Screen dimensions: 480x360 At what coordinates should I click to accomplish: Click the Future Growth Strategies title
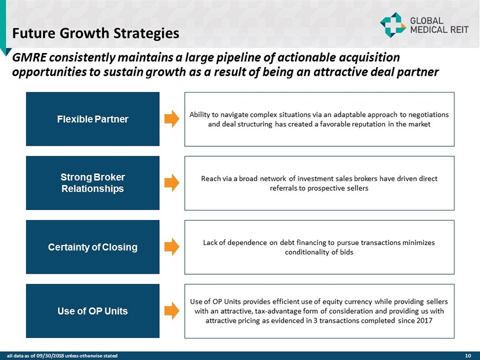coord(95,33)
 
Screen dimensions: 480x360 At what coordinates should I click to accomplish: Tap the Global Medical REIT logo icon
coord(393,25)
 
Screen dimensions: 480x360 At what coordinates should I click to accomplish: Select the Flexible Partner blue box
coord(93,119)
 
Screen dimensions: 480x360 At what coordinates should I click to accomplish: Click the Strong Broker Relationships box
coord(93,183)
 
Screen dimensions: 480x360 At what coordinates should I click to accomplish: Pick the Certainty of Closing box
coord(93,247)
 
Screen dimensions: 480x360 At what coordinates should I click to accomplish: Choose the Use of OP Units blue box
coord(93,311)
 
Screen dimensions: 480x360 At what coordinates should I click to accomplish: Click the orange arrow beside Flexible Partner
coord(172,118)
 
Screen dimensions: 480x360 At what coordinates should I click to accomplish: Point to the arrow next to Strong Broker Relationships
coord(172,183)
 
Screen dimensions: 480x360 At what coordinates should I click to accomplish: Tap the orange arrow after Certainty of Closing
coord(172,247)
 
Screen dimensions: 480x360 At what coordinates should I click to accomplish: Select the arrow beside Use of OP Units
coord(172,311)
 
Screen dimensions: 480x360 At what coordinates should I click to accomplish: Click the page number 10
coord(468,355)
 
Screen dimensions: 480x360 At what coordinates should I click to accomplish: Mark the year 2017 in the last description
coord(425,321)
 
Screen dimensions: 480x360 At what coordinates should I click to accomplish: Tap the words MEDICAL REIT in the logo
coord(439,30)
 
